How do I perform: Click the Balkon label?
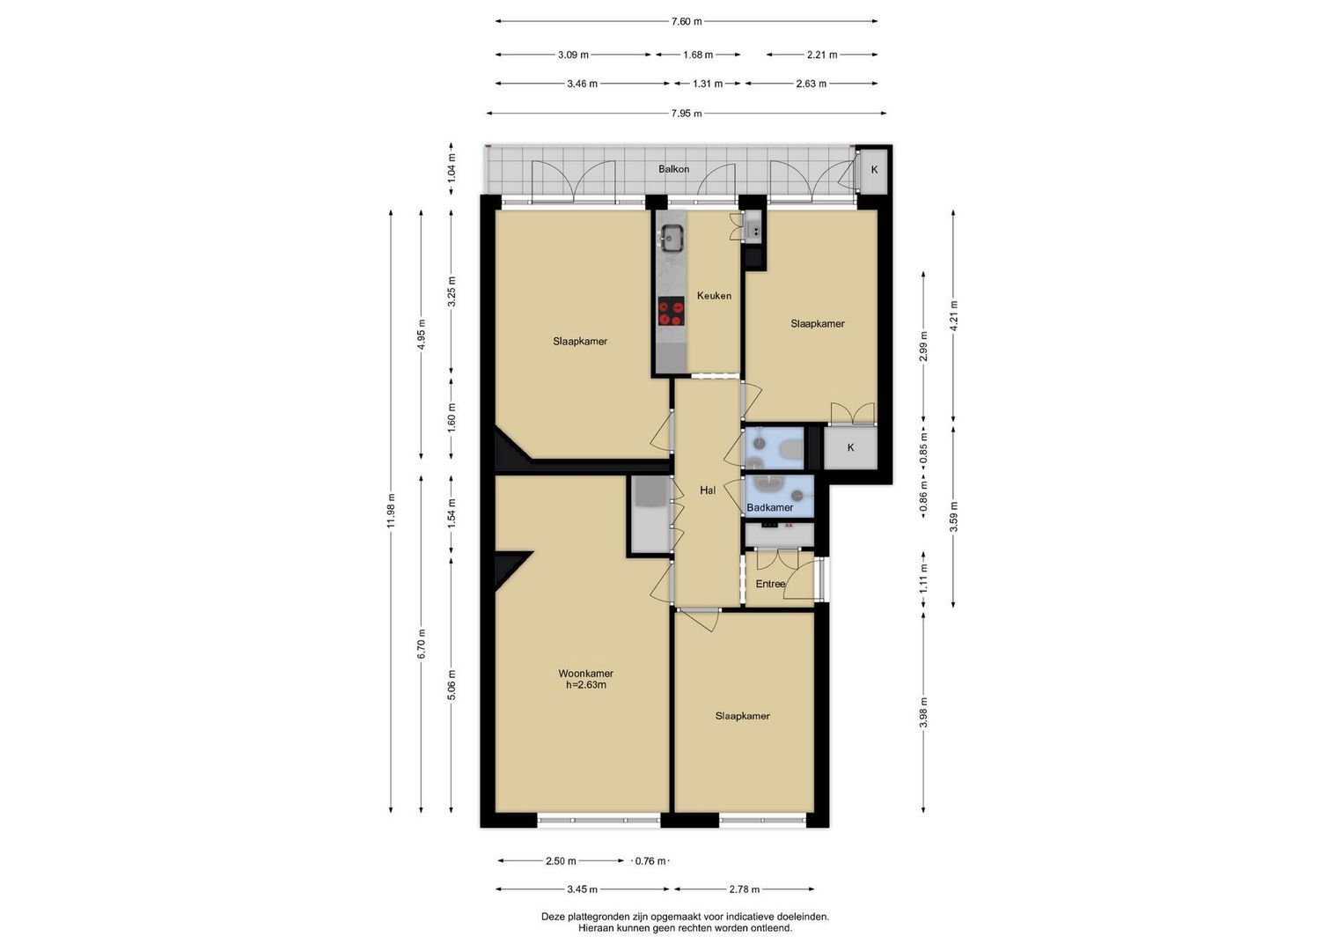(673, 169)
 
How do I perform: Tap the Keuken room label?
(714, 295)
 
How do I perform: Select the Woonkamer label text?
(585, 674)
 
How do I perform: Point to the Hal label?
(708, 490)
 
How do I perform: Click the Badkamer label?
(770, 507)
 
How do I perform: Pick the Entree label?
(770, 584)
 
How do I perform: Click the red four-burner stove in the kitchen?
(672, 311)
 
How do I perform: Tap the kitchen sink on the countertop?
(672, 238)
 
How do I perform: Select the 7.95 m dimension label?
(687, 114)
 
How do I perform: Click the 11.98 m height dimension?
(391, 511)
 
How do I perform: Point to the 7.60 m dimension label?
(687, 22)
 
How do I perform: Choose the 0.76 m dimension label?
(650, 861)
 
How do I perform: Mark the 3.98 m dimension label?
(923, 712)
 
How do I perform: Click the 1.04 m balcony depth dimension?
(452, 168)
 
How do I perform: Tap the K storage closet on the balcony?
(874, 170)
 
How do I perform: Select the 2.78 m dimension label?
(745, 889)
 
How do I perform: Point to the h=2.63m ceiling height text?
(585, 685)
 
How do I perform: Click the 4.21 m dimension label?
(954, 315)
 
